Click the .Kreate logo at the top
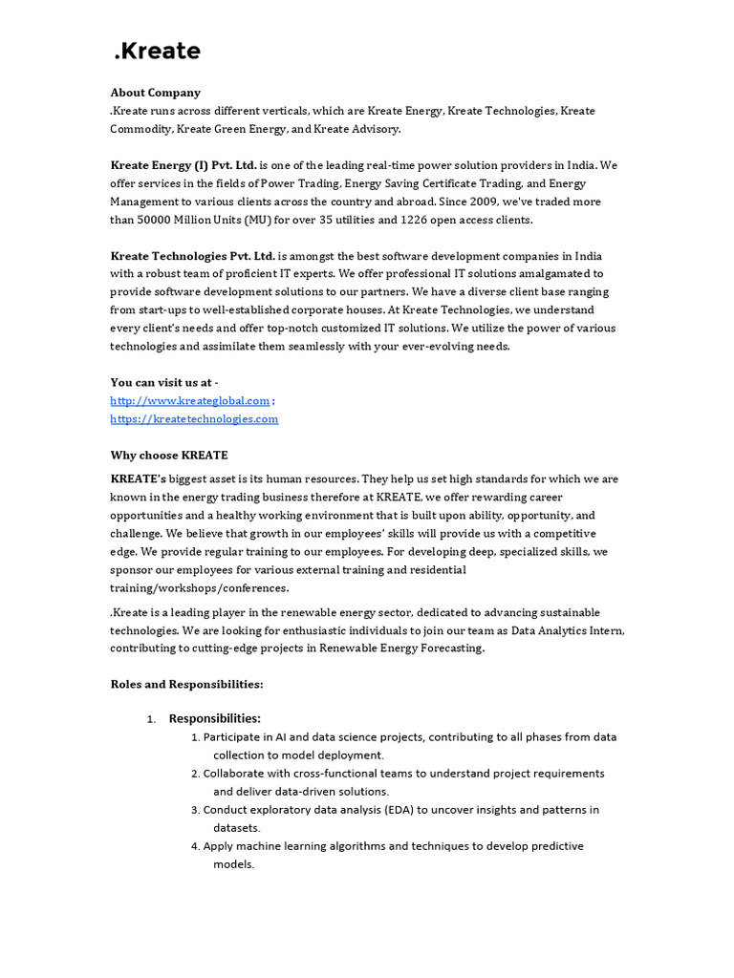[157, 51]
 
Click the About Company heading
[155, 93]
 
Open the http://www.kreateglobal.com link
[190, 401]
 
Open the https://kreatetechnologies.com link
[194, 419]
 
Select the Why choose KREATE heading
[169, 456]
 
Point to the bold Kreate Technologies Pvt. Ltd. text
[193, 256]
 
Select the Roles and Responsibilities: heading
[186, 685]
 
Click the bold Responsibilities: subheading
[214, 718]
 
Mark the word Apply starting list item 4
[218, 846]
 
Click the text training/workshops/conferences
[199, 587]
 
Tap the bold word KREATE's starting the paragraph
[139, 478]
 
